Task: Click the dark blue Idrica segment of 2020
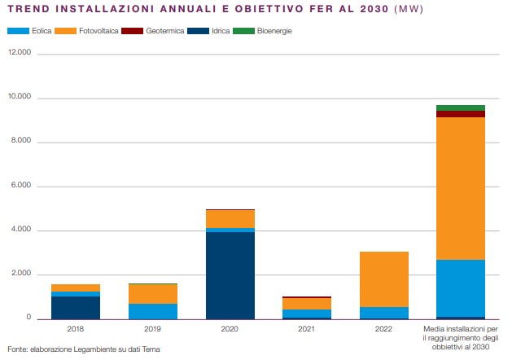tap(230, 275)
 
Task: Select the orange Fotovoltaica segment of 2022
tap(384, 279)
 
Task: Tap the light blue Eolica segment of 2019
tap(153, 310)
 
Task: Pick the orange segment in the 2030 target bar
tap(461, 188)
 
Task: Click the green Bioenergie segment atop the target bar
tap(461, 108)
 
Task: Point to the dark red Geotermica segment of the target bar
tap(461, 114)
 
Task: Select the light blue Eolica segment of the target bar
tap(461, 288)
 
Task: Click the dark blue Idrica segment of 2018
tap(76, 307)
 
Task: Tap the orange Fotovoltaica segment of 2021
tap(307, 304)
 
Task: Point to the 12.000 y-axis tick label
tap(18, 54)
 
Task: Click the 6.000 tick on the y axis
tap(20, 187)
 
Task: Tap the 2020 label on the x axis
tap(230, 329)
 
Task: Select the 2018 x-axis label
tap(76, 329)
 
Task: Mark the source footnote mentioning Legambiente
tap(83, 349)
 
